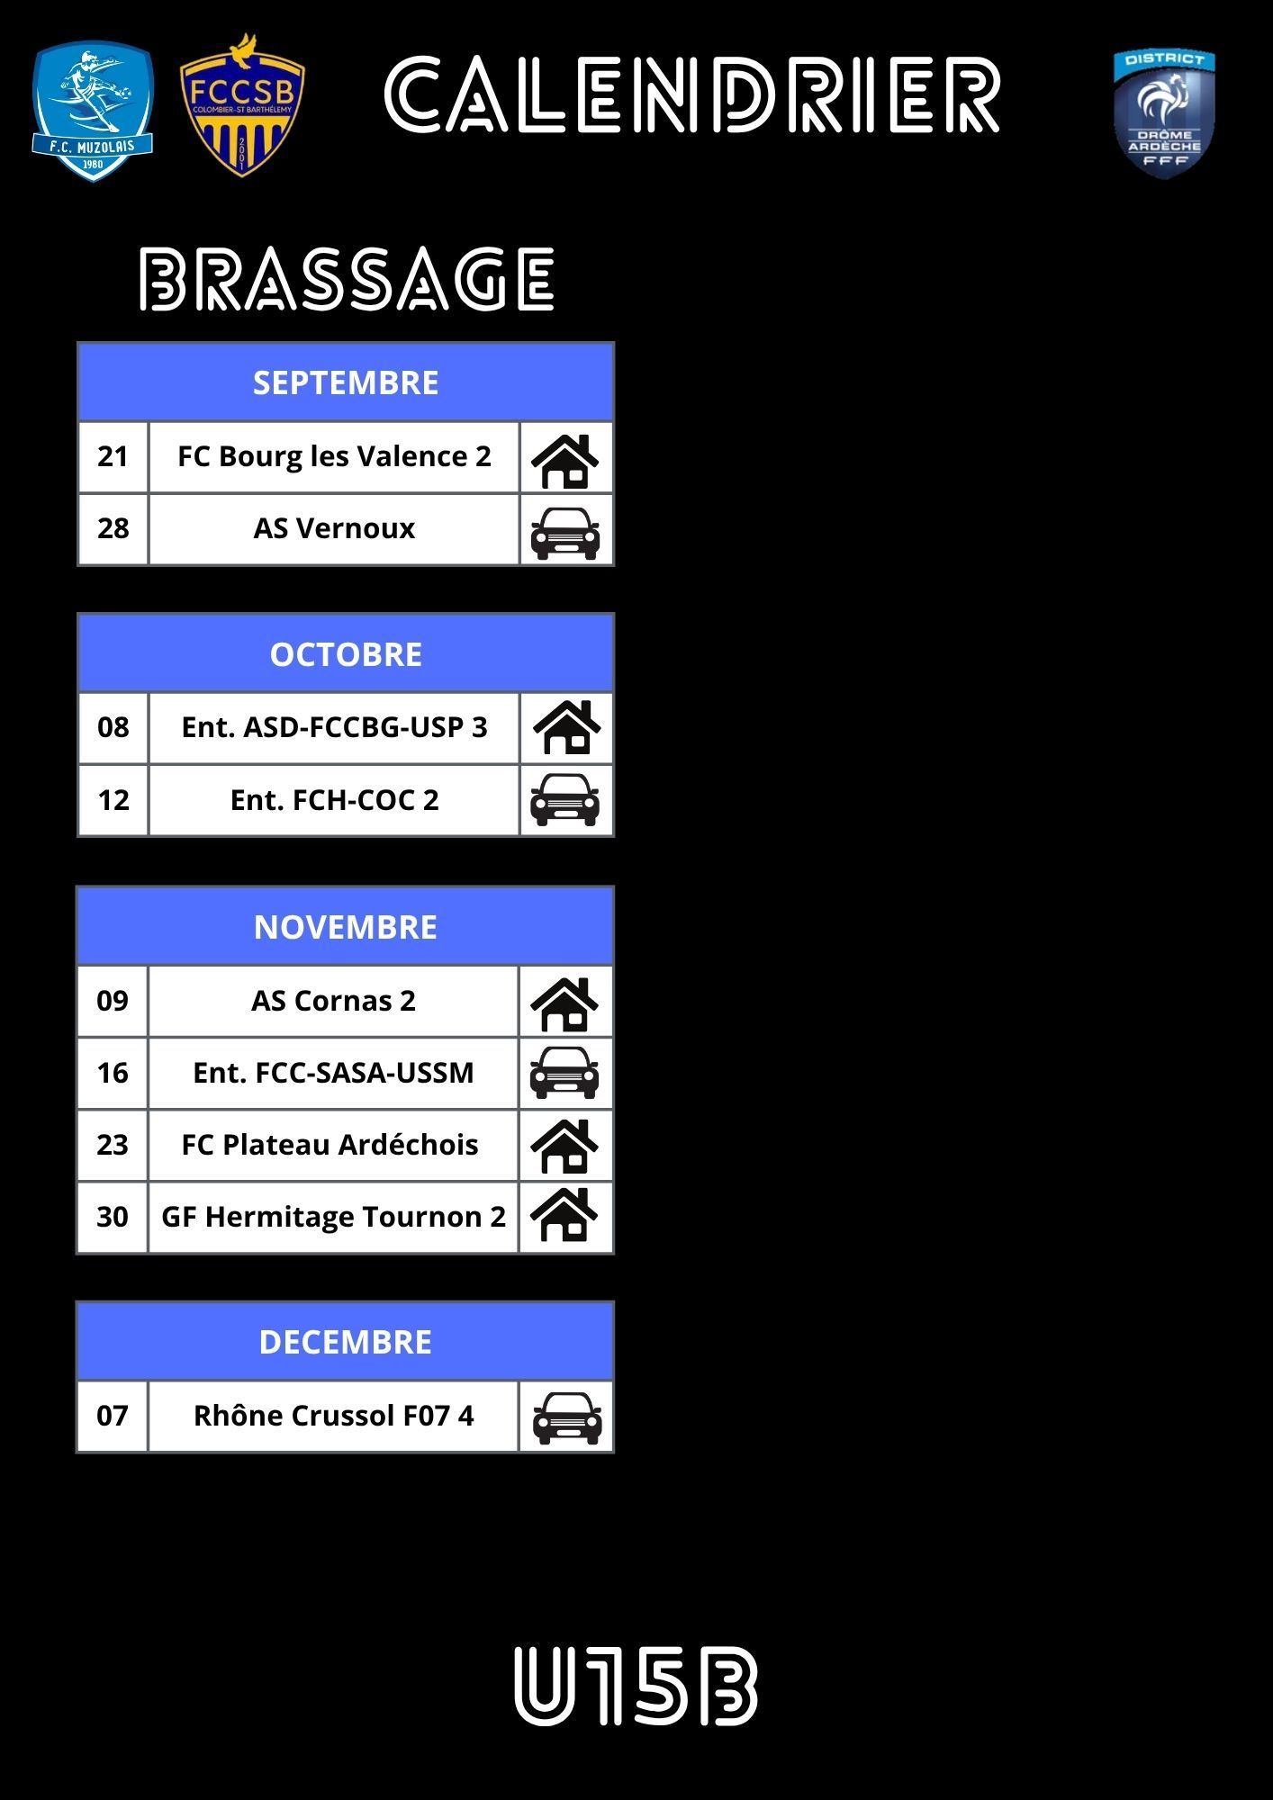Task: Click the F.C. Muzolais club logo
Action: pyautogui.click(x=93, y=111)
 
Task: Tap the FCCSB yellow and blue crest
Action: pyautogui.click(x=242, y=107)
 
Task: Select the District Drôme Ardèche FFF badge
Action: pyautogui.click(x=1164, y=113)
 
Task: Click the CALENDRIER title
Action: pyautogui.click(x=692, y=95)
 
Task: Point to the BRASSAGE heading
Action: pyautogui.click(x=347, y=279)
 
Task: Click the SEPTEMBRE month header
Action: pyautogui.click(x=346, y=382)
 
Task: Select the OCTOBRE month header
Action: pyautogui.click(x=346, y=654)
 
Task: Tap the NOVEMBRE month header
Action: pyautogui.click(x=346, y=927)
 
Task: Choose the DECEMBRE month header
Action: pyautogui.click(x=346, y=1342)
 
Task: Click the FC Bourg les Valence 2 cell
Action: pyautogui.click(x=334, y=456)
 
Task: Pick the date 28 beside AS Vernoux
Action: pyautogui.click(x=113, y=528)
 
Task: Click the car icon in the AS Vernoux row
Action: pyautogui.click(x=565, y=532)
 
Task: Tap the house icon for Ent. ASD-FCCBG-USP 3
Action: pyautogui.click(x=566, y=727)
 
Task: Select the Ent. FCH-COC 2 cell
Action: pyautogui.click(x=334, y=800)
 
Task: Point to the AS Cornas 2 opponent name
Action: pyautogui.click(x=333, y=1001)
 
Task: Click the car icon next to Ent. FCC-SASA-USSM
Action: pyautogui.click(x=564, y=1073)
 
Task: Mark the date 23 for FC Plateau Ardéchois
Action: pyautogui.click(x=113, y=1145)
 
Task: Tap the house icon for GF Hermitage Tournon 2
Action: pyautogui.click(x=564, y=1215)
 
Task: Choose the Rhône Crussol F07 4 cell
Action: pyautogui.click(x=333, y=1416)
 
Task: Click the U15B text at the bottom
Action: pyautogui.click(x=636, y=1686)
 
